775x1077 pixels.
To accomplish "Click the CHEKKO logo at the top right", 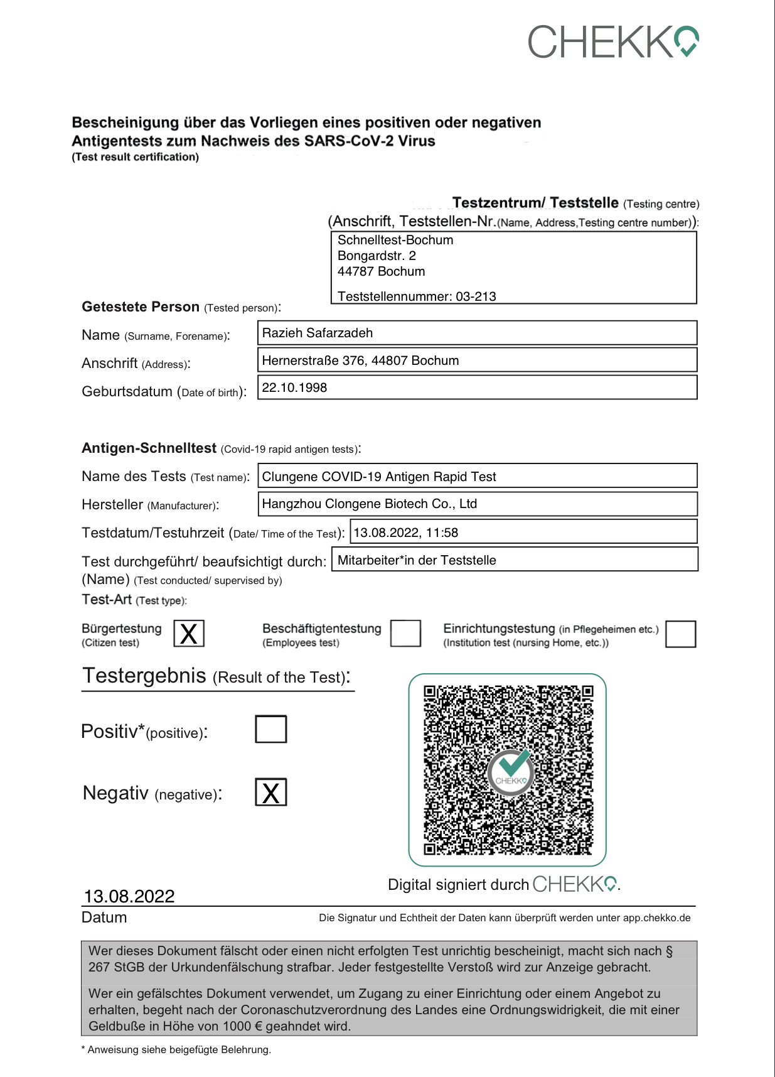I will (613, 41).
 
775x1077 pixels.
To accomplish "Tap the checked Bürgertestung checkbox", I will (189, 633).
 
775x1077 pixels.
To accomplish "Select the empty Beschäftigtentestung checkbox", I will (405, 633).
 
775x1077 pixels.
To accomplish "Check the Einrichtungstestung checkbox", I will (681, 633).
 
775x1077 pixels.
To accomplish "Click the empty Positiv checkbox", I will (271, 729).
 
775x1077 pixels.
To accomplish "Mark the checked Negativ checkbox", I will (271, 792).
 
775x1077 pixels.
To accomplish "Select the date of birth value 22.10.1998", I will (294, 387).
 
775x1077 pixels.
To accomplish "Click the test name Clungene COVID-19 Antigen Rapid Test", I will (379, 477).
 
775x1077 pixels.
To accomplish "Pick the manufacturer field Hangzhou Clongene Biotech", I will (369, 504).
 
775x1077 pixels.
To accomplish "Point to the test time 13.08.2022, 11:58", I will (406, 533).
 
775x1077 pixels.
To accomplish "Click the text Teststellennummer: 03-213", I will (417, 296).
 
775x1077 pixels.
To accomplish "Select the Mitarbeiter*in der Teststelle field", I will (417, 560).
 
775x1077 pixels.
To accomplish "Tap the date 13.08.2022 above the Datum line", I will (129, 896).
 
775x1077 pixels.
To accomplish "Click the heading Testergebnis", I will (144, 676).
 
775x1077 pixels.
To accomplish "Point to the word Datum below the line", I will (104, 917).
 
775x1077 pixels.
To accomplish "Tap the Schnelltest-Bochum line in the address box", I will (395, 240).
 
